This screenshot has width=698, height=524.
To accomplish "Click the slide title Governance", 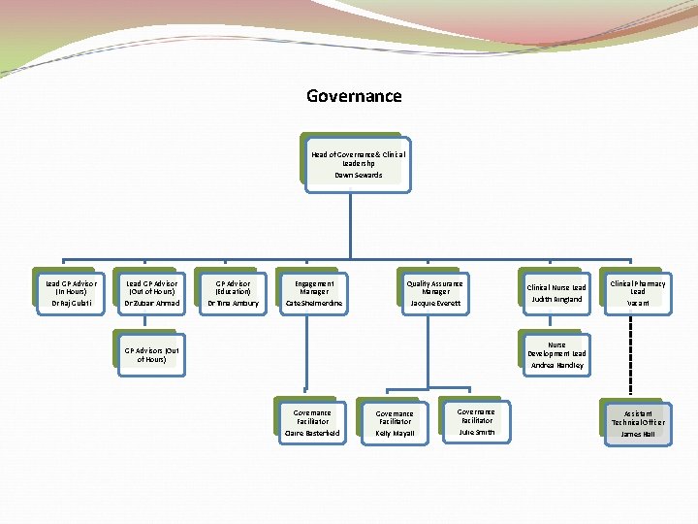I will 354,96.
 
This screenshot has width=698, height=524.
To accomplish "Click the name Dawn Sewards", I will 359,176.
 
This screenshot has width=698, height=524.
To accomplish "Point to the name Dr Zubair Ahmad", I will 151,304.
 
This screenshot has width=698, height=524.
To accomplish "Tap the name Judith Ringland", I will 556,300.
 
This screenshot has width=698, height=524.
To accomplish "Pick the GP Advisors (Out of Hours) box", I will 151,354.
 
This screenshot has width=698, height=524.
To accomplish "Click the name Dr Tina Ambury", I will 233,304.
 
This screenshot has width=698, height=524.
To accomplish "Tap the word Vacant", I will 637,304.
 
